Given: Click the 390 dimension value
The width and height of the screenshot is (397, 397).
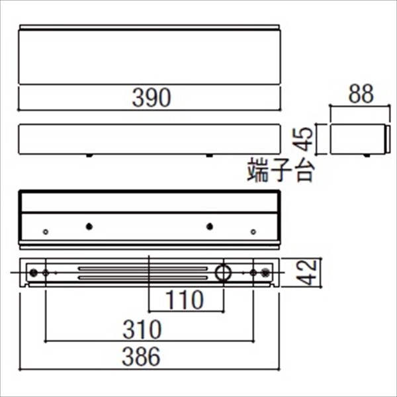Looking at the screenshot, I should tap(150, 97).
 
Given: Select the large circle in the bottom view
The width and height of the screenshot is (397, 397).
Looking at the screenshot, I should tap(222, 272).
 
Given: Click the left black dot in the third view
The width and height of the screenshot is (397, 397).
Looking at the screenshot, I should tap(89, 226).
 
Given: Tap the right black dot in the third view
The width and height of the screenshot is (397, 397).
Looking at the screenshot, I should tap(210, 226).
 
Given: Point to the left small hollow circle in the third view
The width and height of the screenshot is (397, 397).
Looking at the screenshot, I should tap(45, 232).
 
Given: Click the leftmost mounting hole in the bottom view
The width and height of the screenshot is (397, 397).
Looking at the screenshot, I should tap(33, 272).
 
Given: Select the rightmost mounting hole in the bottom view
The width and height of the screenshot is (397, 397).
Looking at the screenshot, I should tap(266, 272).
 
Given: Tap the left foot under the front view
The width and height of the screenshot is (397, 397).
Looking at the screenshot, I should tap(89, 156).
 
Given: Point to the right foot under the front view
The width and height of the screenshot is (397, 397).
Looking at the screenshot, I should tap(210, 156).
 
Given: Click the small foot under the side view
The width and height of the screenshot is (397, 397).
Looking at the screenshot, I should tap(366, 155).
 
